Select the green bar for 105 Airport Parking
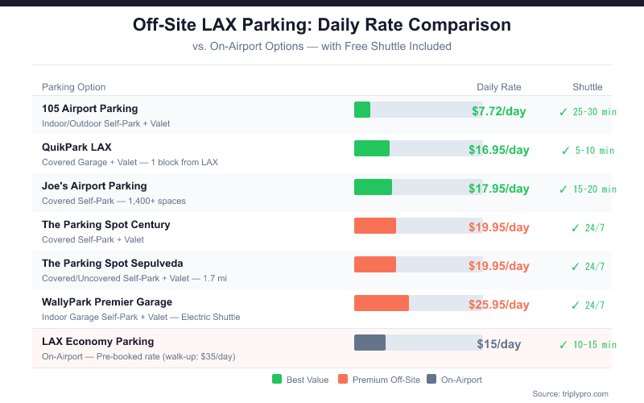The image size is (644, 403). point(362,110)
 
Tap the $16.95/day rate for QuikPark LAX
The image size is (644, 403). point(498,150)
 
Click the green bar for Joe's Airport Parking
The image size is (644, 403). point(373,187)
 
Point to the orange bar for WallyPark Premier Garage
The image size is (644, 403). point(382,303)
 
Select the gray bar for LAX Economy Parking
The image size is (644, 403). point(369,342)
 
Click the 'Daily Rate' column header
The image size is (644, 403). point(498,87)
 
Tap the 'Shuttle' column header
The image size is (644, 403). point(587,87)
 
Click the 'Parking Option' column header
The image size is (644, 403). point(73,87)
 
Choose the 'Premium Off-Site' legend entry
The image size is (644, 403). point(378,379)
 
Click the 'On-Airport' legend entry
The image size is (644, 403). point(454,379)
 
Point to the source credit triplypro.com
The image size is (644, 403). point(570,393)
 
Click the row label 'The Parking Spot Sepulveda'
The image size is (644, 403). point(112,263)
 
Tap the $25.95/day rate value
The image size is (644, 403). point(498,305)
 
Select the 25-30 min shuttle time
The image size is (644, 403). point(594,111)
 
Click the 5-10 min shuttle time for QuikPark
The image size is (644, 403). point(594,150)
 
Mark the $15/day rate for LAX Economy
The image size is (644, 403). point(498,343)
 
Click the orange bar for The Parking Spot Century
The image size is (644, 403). point(375,226)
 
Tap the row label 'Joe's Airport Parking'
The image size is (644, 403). point(94,185)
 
